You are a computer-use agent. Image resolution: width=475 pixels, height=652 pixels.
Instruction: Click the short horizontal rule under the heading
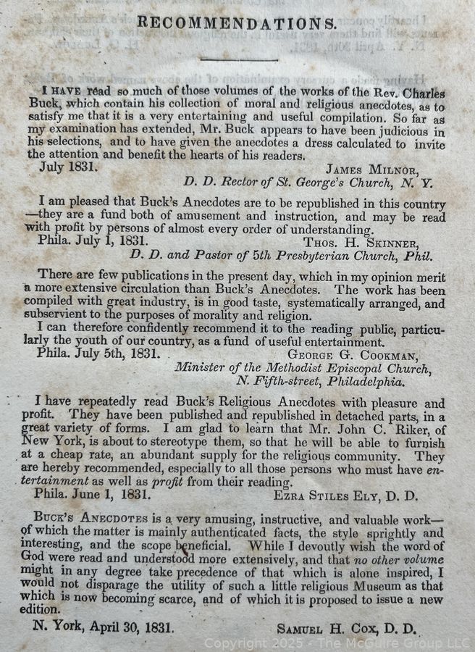pos(238,59)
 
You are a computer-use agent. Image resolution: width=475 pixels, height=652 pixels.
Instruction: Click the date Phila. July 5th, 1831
pos(99,356)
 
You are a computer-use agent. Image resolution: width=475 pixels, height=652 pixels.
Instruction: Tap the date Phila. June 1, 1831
pos(93,496)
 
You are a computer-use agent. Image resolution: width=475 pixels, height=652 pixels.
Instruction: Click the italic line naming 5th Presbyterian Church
pos(281,256)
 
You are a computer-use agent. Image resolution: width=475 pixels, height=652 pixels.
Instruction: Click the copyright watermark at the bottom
pos(336,643)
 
